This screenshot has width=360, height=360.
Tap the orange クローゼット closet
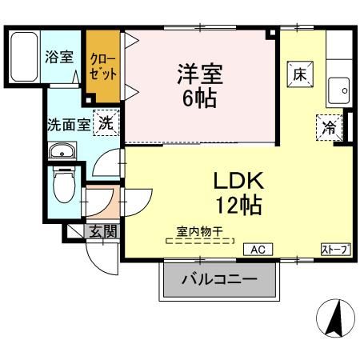102,64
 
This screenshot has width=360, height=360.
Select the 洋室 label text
199,77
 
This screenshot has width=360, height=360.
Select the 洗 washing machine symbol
106,123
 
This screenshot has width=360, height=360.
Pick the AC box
258,250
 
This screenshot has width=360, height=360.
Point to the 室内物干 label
201,230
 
